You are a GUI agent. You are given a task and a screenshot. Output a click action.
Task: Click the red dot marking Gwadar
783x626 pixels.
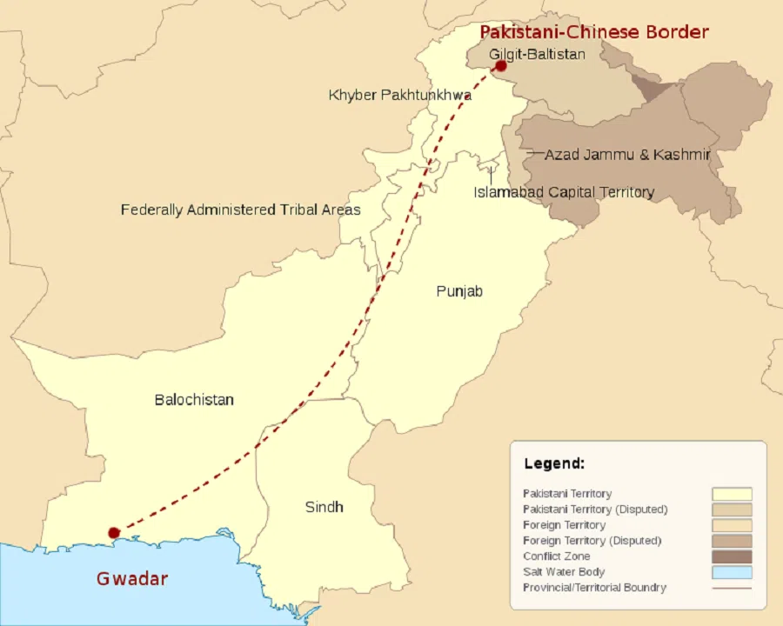click(112, 532)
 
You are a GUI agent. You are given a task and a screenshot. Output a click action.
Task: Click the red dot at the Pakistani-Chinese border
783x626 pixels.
click(501, 66)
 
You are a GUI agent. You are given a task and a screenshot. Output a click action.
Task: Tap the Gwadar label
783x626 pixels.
click(132, 578)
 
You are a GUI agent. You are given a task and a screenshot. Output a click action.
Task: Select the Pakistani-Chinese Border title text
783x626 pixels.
click(594, 32)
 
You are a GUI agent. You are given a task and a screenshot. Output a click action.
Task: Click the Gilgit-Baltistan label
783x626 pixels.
click(537, 54)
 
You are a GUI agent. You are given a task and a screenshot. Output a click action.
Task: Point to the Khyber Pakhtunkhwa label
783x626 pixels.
click(399, 95)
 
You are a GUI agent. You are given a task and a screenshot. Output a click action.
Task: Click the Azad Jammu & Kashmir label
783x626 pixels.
click(627, 155)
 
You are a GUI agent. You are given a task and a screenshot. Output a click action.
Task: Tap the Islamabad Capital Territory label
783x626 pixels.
click(563, 192)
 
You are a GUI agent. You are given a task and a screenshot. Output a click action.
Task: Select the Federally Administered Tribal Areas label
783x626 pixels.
click(240, 210)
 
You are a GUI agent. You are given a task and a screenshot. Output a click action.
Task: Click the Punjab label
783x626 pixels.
click(459, 291)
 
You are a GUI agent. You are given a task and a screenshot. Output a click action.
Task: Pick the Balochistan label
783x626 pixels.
click(194, 400)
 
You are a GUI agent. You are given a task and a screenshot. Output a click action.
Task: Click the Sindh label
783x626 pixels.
click(324, 507)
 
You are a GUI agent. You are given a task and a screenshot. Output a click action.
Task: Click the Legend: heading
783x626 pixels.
click(554, 463)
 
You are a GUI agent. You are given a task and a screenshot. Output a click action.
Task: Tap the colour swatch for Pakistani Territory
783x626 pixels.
click(732, 494)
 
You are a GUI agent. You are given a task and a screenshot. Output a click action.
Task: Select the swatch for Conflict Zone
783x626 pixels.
click(732, 556)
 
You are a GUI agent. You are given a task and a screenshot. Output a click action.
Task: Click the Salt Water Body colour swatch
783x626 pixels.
click(732, 572)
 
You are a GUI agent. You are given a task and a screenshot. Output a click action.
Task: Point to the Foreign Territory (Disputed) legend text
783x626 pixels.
click(592, 541)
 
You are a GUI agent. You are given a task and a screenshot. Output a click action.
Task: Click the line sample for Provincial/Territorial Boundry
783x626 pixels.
click(732, 588)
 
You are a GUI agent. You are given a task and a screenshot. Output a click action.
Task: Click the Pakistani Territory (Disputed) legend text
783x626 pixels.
click(595, 509)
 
